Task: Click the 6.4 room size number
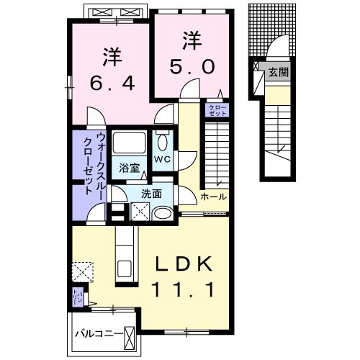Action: [109, 84]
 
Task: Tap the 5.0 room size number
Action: [192, 67]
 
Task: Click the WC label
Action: [161, 159]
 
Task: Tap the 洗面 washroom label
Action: [151, 193]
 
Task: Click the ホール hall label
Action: [213, 197]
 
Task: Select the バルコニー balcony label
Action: [97, 334]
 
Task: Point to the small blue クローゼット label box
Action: [217, 110]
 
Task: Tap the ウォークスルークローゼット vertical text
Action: [94, 164]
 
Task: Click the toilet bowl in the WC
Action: [161, 140]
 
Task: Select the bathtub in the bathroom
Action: [130, 143]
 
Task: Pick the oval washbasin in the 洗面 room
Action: [162, 213]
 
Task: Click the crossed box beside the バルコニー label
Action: [130, 335]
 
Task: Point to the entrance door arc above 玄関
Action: [276, 49]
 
